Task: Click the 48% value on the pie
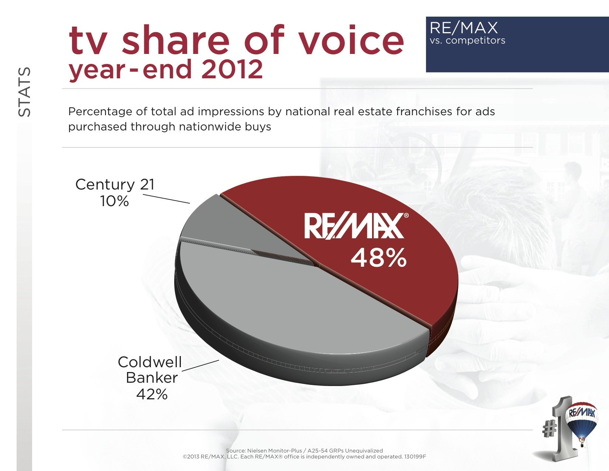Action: pyautogui.click(x=378, y=257)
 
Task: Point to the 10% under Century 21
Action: pyautogui.click(x=114, y=201)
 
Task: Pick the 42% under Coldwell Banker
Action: pyautogui.click(x=152, y=394)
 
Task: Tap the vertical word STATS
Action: pyautogui.click(x=24, y=92)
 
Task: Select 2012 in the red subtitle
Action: pyautogui.click(x=232, y=69)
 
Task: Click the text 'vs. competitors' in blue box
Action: pyautogui.click(x=468, y=40)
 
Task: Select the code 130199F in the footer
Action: pyautogui.click(x=415, y=457)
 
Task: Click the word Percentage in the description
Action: pyautogui.click(x=100, y=112)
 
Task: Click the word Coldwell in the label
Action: pyautogui.click(x=150, y=362)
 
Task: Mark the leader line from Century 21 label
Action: pyautogui.click(x=166, y=199)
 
